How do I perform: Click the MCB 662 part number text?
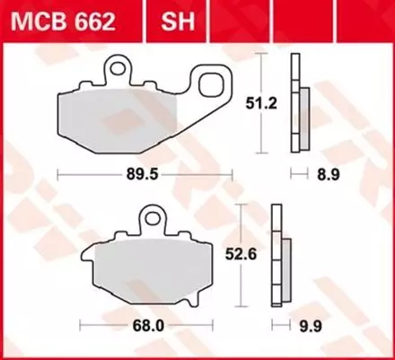(64, 19)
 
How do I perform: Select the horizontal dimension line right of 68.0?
(184, 320)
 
